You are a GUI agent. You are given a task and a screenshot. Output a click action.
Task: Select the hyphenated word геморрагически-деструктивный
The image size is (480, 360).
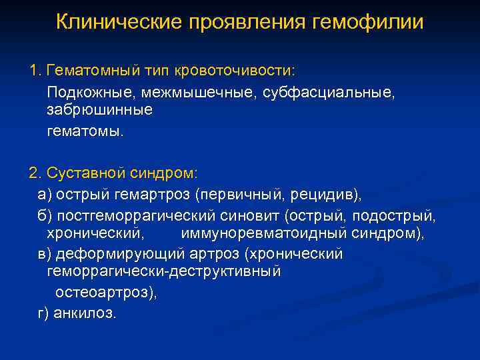164,273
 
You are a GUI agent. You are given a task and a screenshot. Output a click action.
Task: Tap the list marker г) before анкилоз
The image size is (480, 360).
43,312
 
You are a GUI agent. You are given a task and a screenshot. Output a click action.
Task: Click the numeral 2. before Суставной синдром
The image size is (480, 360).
35,173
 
